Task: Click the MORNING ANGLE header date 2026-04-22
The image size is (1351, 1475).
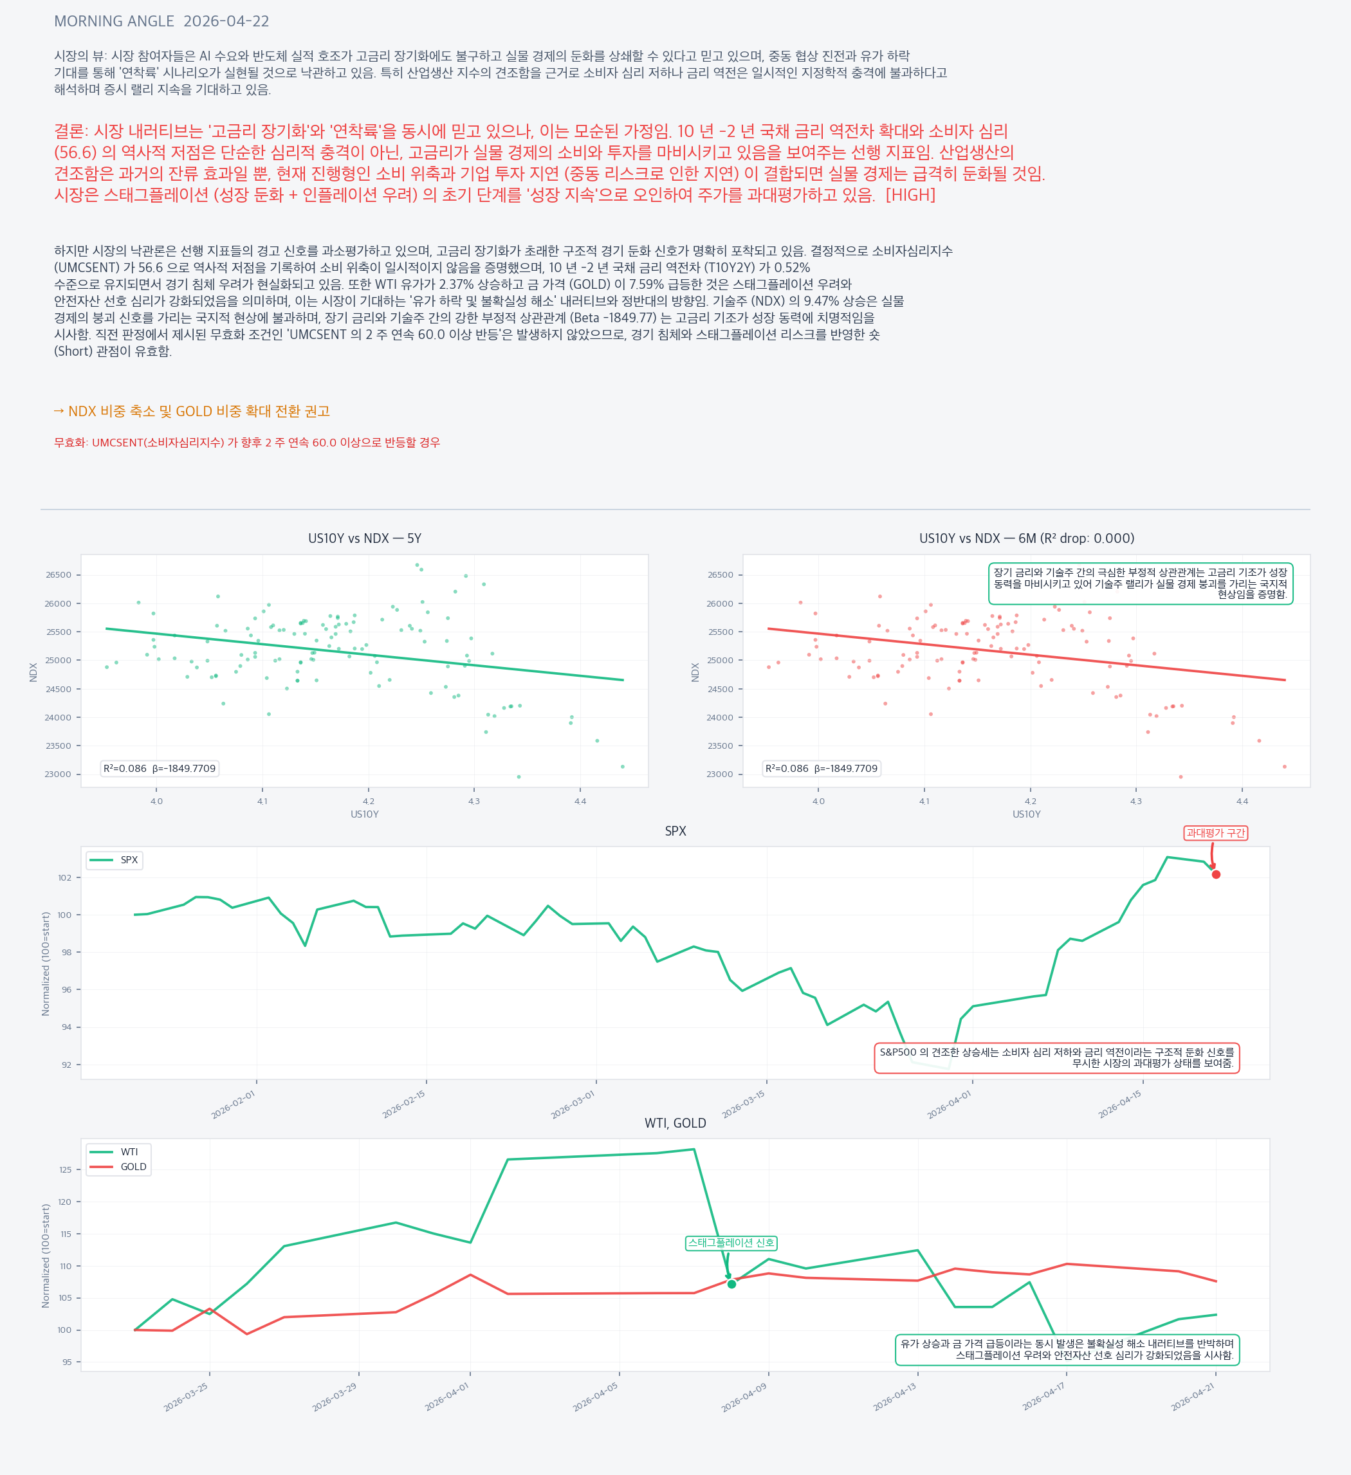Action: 226,21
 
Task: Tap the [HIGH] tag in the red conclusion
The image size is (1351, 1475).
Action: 910,196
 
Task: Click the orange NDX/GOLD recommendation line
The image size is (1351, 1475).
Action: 192,411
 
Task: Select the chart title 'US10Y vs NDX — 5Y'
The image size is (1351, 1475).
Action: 365,538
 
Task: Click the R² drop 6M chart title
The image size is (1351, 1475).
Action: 1026,538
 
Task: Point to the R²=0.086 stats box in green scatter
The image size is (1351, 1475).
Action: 160,768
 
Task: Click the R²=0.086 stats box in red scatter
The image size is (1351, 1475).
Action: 821,768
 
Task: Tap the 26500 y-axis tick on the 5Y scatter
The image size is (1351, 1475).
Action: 59,575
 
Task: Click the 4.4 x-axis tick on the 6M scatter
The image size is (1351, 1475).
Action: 1241,801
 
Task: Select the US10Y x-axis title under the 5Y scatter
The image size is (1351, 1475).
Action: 365,814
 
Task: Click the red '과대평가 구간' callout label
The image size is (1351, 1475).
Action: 1215,832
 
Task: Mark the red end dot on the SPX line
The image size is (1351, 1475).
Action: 1216,874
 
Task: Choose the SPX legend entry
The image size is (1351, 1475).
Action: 115,859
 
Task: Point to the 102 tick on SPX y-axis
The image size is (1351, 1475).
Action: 65,878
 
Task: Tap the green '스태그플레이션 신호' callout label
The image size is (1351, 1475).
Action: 730,1242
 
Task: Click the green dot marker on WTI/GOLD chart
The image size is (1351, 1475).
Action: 731,1284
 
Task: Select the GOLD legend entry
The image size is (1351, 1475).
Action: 119,1166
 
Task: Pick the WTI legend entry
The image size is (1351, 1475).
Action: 119,1151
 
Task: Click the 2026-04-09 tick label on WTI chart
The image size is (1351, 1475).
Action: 744,1397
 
